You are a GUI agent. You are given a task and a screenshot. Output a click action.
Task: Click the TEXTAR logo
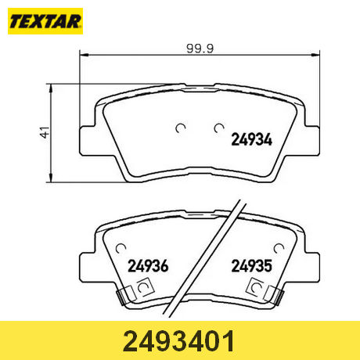[45, 21]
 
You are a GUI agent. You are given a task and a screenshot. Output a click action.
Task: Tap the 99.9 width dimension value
[200, 49]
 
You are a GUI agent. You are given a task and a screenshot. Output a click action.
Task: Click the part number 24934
[252, 139]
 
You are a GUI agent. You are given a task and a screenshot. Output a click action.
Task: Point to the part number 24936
[148, 266]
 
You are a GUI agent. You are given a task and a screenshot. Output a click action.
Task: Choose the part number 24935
[252, 266]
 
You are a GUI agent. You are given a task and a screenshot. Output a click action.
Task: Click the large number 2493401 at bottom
[179, 341]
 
